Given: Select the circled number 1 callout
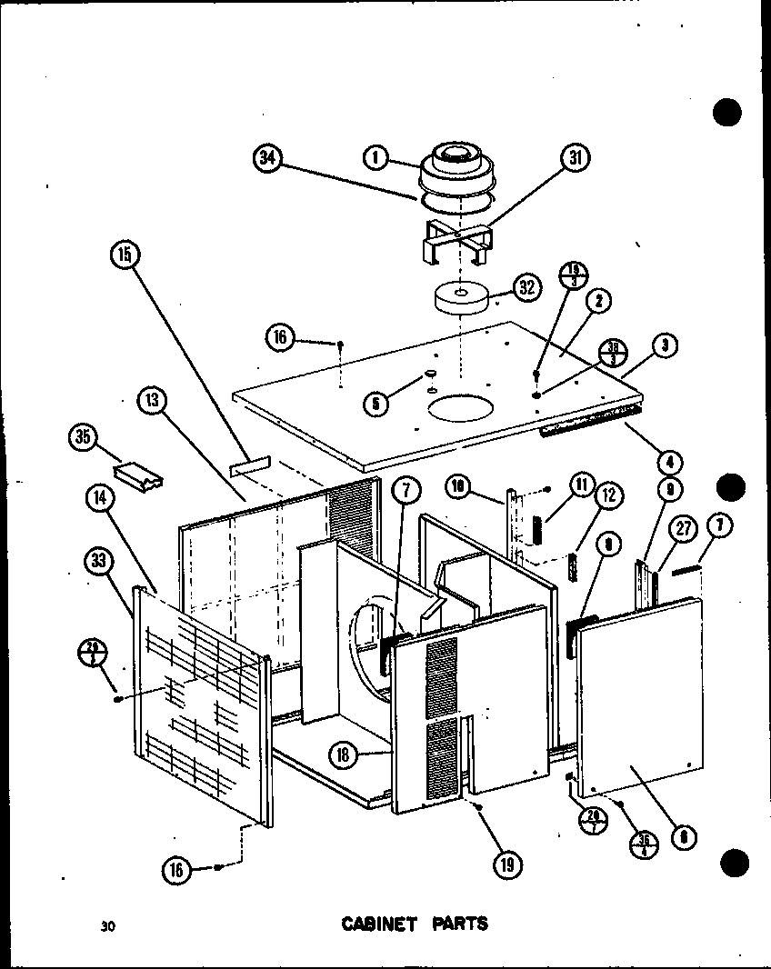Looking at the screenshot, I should (x=375, y=158).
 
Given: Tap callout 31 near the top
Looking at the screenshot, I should (x=574, y=158).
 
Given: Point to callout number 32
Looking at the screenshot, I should (x=526, y=289).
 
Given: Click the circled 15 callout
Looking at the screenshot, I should (x=125, y=255).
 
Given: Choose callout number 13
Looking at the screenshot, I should (x=152, y=400).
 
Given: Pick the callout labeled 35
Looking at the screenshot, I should (x=83, y=438).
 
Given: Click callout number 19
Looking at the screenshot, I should (x=506, y=865).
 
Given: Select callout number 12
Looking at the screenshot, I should (x=607, y=495).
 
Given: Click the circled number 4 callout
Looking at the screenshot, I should (x=673, y=460).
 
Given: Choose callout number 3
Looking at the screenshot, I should (x=666, y=345).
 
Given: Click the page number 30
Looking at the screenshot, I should (x=108, y=927).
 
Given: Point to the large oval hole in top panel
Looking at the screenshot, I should (x=461, y=408).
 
